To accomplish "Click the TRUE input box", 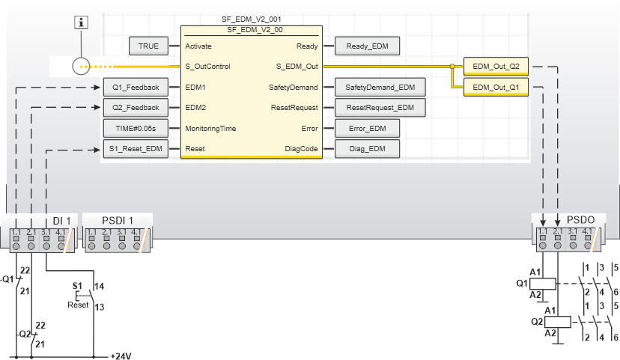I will click(149, 46).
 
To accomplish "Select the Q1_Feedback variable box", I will click(131, 88).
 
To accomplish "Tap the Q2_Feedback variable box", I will click(131, 108).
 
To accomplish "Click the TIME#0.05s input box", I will click(131, 128).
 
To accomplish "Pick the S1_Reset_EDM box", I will click(131, 149).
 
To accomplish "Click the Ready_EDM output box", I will click(367, 46).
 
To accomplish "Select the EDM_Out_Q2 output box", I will click(496, 67).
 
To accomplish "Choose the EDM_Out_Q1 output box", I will click(496, 88).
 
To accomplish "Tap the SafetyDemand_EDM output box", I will click(380, 88).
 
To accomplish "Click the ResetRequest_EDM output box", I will click(380, 108).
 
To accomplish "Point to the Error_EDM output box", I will click(367, 128).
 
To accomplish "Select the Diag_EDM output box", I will click(367, 149).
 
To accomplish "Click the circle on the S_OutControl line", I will click(82, 67).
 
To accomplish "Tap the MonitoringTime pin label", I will click(210, 129).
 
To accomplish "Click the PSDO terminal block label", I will click(581, 220).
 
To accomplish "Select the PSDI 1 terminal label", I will click(118, 220).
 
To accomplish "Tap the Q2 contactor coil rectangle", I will click(560, 322).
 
